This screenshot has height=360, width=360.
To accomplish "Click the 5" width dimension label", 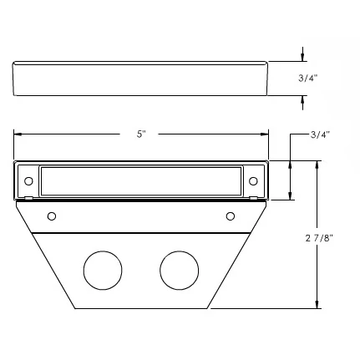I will (x=140, y=134).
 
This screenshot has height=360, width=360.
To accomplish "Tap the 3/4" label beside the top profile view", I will (x=307, y=78).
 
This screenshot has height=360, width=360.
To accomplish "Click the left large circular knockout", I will (x=103, y=269).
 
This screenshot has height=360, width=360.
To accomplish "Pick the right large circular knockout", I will (x=179, y=269).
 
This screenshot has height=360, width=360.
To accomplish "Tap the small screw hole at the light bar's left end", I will (x=28, y=180).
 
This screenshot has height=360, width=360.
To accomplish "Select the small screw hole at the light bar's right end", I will (x=253, y=180).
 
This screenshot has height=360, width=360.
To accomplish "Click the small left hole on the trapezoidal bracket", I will (x=52, y=216).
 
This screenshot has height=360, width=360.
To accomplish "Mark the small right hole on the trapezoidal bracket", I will (x=230, y=216).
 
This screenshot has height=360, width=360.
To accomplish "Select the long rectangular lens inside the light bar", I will (x=140, y=180).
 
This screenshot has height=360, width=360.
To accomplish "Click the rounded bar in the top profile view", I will (x=140, y=79).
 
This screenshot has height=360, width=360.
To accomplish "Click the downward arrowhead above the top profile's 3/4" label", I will (x=303, y=58).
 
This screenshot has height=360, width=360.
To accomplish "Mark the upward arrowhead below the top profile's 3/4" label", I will (x=303, y=99).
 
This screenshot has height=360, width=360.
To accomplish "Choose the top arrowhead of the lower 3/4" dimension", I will (x=290, y=165).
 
